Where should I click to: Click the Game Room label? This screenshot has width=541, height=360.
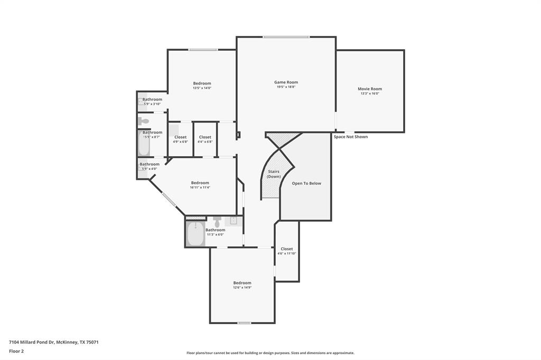point(286,82)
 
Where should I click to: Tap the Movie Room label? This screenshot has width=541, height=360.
point(369,89)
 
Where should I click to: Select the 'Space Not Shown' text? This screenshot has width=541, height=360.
point(350,137)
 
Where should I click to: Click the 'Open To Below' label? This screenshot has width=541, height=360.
point(306,183)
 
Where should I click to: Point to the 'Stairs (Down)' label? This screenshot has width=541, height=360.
point(274,174)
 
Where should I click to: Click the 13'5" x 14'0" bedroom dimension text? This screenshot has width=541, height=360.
point(202,88)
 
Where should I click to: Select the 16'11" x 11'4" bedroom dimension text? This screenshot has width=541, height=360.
point(200,187)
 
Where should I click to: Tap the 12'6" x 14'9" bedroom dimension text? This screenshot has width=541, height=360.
point(242,288)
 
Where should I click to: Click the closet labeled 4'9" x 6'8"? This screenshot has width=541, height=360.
point(180,139)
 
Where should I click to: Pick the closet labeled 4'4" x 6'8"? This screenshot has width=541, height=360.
point(205,139)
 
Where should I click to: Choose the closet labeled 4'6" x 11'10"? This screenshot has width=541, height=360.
point(287,251)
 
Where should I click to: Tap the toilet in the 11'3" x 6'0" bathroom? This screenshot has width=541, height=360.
point(217,221)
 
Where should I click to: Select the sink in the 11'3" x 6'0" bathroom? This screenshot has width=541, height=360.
point(234,221)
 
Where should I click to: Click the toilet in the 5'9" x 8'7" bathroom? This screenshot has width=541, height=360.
point(144,121)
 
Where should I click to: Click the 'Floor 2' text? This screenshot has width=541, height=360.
point(16,351)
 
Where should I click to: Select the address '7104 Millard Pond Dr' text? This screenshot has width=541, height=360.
point(31,342)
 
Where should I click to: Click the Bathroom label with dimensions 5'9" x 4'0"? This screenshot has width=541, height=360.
point(150,164)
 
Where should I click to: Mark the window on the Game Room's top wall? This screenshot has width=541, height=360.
point(286,37)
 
